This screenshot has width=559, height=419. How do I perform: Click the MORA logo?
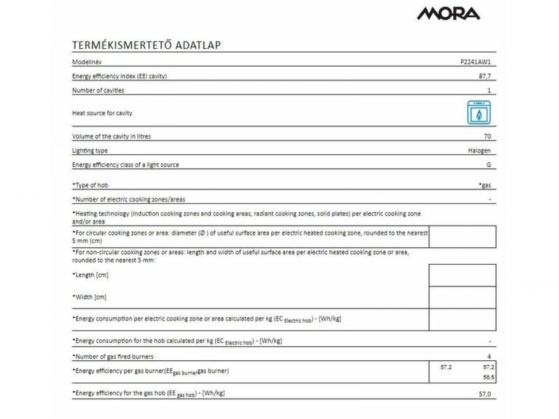click(448, 13)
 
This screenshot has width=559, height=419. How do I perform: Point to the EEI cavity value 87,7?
click(488, 76)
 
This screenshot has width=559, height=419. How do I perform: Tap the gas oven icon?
click(479, 113)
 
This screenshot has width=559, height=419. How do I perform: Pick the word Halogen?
click(480, 150)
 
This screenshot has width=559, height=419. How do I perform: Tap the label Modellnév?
click(87, 62)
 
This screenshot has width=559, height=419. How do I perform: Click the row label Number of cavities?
click(98, 90)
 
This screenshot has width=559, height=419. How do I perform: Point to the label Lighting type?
click(90, 150)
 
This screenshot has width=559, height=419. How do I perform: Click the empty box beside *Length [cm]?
click(462, 275)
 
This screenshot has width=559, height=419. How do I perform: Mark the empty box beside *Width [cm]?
click(462, 297)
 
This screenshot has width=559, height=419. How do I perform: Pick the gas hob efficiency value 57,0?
click(486, 394)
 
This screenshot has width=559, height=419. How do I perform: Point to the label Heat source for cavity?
click(102, 113)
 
